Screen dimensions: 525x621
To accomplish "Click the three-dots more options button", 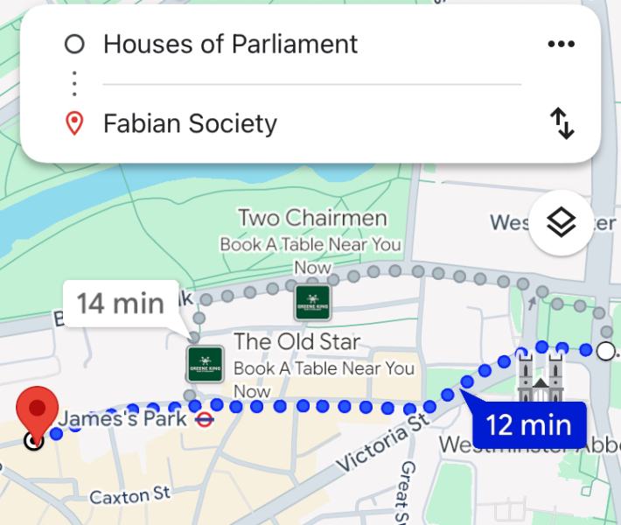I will pos(561,45).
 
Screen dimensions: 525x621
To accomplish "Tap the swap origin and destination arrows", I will pos(562,123).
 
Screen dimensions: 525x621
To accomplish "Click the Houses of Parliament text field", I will pos(231,44).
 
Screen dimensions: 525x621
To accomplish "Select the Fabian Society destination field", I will pos(190,123).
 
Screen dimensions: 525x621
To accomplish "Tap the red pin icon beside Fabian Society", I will pos(75,123).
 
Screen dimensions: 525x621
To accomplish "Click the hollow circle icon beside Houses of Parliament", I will pos(75,44).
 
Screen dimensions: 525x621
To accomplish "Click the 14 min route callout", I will pos(120,304).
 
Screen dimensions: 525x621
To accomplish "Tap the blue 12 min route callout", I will pos(527,425).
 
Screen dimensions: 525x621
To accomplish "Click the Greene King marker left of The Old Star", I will pos(206,363).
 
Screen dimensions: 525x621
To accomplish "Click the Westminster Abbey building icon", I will pos(539,378).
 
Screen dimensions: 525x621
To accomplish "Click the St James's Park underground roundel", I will pos(202,419).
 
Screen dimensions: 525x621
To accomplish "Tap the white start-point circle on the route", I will pos(605,352).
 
